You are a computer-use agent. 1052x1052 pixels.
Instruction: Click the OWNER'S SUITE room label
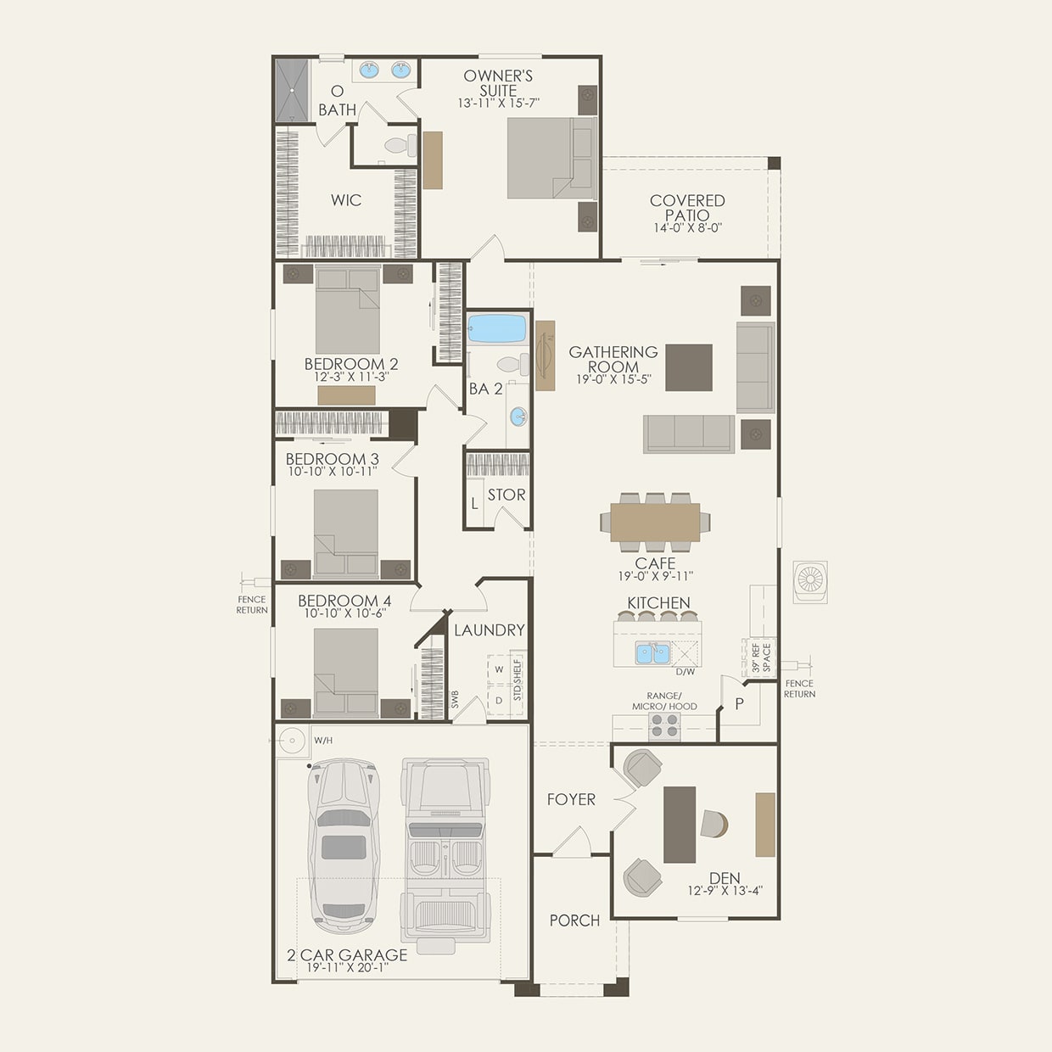click(498, 82)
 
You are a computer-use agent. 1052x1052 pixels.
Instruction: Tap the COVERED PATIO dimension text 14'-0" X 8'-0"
click(687, 228)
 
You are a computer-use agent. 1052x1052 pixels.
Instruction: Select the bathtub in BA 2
click(497, 328)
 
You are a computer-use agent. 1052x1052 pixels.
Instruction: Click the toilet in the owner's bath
click(398, 145)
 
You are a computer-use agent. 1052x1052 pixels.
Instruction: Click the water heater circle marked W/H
click(292, 741)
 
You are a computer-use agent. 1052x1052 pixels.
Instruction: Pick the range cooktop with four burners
click(663, 725)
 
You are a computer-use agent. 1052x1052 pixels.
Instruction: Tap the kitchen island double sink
click(652, 653)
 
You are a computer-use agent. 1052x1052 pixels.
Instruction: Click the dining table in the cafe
click(655, 522)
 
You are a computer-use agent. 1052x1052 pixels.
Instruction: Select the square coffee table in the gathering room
click(688, 367)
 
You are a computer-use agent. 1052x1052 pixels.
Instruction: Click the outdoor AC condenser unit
click(810, 581)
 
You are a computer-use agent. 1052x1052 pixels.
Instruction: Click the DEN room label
click(725, 878)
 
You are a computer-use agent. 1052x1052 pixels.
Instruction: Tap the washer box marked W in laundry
click(498, 669)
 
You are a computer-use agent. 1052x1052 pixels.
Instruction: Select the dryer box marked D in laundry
click(498, 700)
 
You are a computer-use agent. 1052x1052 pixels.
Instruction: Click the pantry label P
click(739, 703)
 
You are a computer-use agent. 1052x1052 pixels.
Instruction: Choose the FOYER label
click(571, 799)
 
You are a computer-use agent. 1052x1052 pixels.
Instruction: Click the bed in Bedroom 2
click(348, 310)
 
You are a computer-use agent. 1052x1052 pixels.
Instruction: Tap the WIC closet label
click(346, 200)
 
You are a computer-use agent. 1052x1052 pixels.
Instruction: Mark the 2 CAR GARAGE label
click(347, 954)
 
